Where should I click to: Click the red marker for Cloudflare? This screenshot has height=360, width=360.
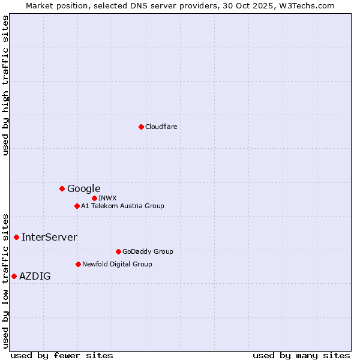click(x=141, y=127)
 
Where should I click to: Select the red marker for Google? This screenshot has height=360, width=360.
click(x=62, y=188)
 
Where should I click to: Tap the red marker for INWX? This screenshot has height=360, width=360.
click(x=94, y=198)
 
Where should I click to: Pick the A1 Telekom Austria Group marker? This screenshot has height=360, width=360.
click(x=77, y=206)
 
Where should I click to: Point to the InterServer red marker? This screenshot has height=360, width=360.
click(x=16, y=237)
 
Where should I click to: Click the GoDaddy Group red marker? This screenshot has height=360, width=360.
click(x=118, y=251)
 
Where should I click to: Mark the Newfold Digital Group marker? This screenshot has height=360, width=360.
click(x=78, y=264)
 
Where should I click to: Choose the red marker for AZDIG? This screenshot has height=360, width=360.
click(x=14, y=276)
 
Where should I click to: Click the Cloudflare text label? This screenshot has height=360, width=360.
click(x=161, y=127)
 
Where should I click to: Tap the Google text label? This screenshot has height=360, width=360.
click(x=84, y=188)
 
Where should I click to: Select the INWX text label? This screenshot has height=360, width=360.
click(x=108, y=198)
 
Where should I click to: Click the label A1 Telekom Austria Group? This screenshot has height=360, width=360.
click(x=123, y=206)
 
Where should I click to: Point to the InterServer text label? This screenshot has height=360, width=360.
click(x=50, y=237)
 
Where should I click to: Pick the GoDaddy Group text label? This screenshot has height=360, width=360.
click(x=148, y=251)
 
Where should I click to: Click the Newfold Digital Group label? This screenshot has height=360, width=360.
click(x=118, y=264)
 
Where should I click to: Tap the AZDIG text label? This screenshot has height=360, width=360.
click(x=35, y=276)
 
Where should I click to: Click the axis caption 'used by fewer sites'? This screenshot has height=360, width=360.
click(x=62, y=355)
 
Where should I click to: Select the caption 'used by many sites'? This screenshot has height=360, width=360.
click(x=301, y=355)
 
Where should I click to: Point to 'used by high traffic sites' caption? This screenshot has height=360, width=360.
click(x=5, y=85)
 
